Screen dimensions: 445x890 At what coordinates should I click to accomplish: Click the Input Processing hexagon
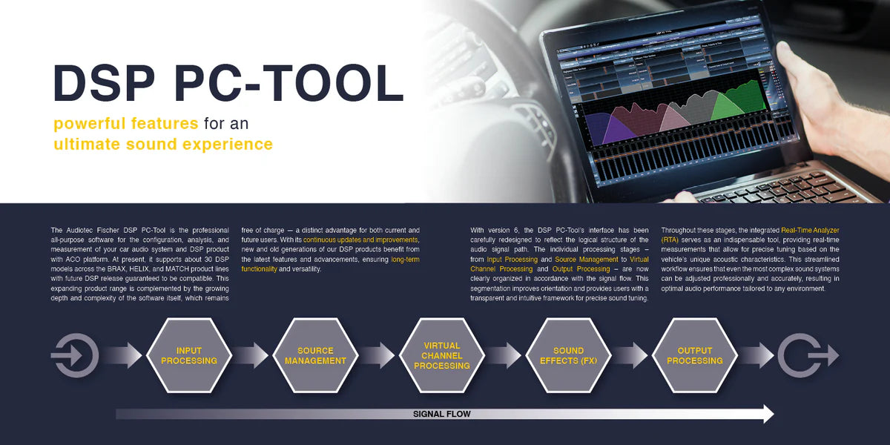(x=189, y=355)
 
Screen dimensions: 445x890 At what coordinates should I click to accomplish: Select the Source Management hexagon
(x=315, y=355)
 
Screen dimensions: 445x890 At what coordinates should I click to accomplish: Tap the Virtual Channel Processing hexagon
(x=442, y=355)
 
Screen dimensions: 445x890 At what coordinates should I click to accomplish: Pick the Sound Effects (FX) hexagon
(x=568, y=355)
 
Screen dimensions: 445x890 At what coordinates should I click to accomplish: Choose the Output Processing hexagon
(x=694, y=355)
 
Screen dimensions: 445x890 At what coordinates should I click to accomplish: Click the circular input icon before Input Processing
(x=75, y=355)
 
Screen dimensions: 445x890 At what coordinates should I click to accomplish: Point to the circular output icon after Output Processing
(x=800, y=355)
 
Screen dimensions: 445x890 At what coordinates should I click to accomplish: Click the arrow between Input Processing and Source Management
(x=251, y=355)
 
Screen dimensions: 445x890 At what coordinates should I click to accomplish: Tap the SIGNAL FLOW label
(x=441, y=415)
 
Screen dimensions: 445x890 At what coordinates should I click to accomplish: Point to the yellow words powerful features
(x=125, y=123)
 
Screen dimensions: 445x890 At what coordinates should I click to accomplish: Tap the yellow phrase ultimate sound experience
(x=162, y=144)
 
